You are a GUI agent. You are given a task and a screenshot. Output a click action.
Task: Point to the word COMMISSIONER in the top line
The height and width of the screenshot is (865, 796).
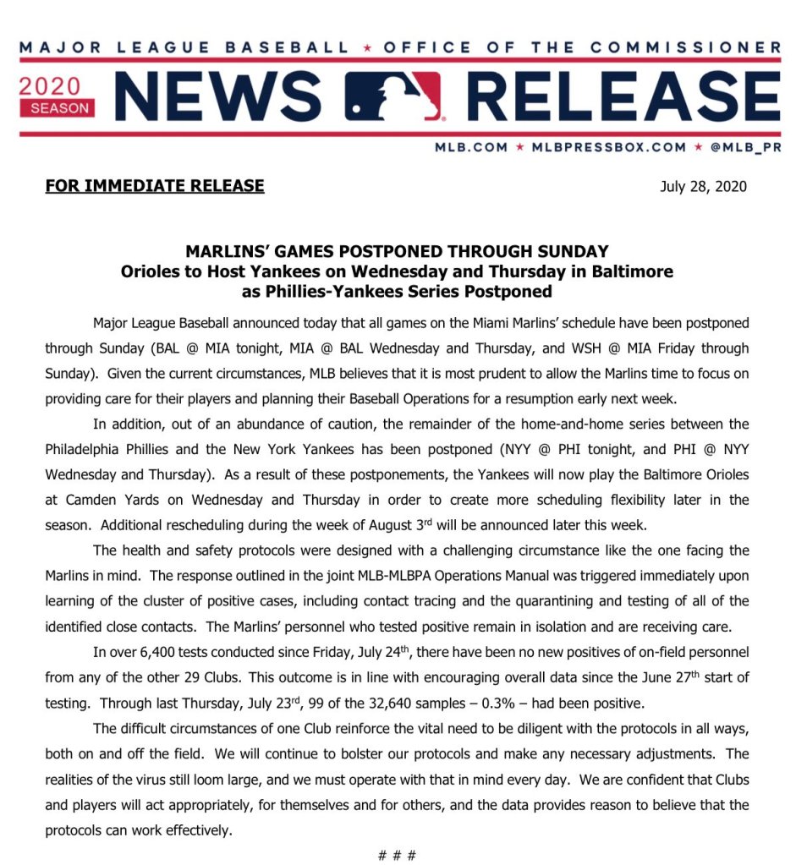click(697, 47)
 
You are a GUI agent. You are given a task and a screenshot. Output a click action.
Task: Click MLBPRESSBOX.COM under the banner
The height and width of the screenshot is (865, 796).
click(609, 146)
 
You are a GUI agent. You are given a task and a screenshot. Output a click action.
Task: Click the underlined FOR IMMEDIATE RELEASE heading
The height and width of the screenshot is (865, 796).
click(155, 185)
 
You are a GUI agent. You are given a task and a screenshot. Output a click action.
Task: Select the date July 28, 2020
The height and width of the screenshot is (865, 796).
click(703, 186)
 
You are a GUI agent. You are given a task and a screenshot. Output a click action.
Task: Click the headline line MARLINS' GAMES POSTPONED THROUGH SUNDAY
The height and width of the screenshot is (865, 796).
click(397, 252)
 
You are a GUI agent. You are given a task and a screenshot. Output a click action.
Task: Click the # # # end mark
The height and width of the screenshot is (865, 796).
click(397, 854)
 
